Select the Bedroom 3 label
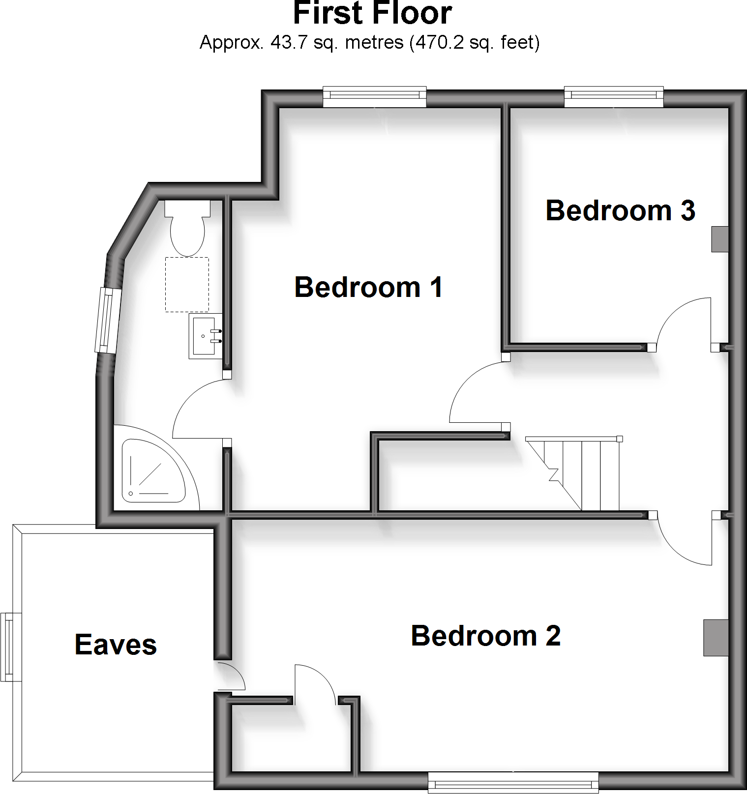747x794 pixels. [x=620, y=210]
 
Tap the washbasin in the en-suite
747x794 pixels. [x=205, y=337]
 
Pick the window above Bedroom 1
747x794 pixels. [x=374, y=97]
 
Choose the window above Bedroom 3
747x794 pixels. [x=614, y=97]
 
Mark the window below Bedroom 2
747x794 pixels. [x=513, y=782]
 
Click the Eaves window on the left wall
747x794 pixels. [x=11, y=647]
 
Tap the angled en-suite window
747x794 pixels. [x=108, y=320]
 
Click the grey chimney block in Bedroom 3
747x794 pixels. [x=719, y=239]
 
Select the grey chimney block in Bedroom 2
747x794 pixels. [x=716, y=637]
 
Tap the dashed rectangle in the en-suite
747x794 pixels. [x=187, y=284]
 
